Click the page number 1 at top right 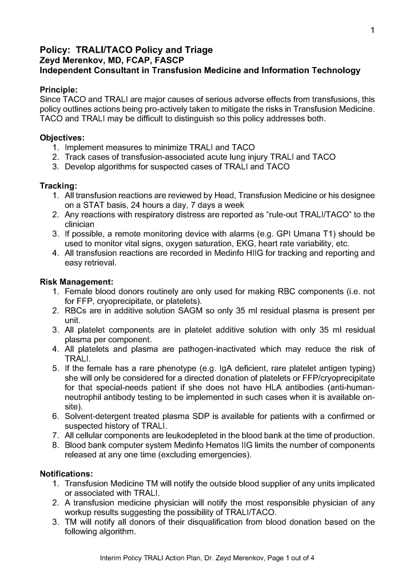pyautogui.click(x=372, y=30)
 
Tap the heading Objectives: pyautogui.click(x=62, y=138)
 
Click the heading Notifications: pyautogui.click(x=66, y=474)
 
